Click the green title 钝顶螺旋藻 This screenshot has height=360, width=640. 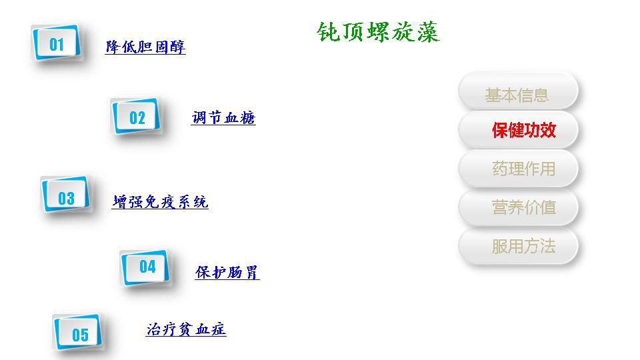(378, 32)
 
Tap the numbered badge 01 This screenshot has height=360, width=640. (56, 43)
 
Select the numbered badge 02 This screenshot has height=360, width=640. (136, 116)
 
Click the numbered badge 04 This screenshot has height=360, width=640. (145, 268)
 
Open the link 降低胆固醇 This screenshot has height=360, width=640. (145, 47)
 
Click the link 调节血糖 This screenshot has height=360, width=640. (223, 117)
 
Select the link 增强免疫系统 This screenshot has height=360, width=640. (160, 201)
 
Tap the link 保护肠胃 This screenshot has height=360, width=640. (227, 272)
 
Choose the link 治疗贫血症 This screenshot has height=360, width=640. (186, 329)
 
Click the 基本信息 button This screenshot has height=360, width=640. (518, 91)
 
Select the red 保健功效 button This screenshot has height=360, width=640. (518, 130)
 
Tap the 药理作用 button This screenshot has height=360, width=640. (518, 168)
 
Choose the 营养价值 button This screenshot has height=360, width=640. (518, 207)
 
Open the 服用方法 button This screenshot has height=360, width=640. (518, 246)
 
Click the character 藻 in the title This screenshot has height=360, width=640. (428, 32)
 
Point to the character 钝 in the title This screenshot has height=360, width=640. (328, 32)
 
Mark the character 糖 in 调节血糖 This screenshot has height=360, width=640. (248, 117)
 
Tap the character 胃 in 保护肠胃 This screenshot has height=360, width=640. (251, 272)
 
